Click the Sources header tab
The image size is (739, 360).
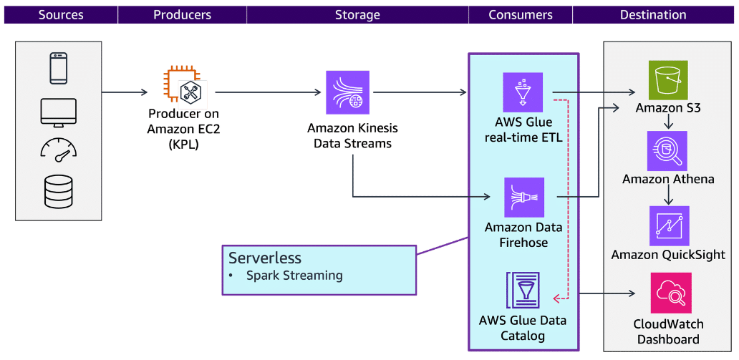click(x=60, y=14)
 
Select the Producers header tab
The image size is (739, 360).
click(x=182, y=14)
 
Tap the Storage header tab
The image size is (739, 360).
click(x=357, y=14)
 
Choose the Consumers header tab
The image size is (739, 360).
click(x=521, y=14)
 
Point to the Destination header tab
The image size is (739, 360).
click(x=653, y=14)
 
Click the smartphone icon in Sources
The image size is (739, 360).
click(x=59, y=69)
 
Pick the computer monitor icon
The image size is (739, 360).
click(x=59, y=112)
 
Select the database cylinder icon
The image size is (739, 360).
click(x=59, y=192)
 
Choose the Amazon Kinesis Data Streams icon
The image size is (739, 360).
click(x=347, y=92)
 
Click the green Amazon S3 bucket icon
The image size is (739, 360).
click(x=667, y=79)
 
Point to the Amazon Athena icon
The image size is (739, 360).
click(x=667, y=150)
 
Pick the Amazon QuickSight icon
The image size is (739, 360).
click(x=669, y=225)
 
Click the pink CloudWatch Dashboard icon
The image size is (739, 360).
click(x=670, y=293)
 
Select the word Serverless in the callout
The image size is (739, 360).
click(x=265, y=258)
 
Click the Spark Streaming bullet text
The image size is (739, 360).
click(x=294, y=276)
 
